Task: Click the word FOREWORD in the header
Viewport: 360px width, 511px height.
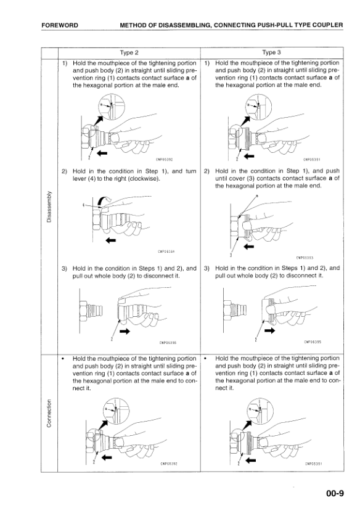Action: click(x=60, y=25)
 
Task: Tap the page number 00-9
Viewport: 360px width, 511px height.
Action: click(x=335, y=493)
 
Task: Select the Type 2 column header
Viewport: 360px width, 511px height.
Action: click(x=129, y=52)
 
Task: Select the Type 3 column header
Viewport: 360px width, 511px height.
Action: click(x=271, y=52)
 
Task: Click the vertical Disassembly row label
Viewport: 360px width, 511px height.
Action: click(x=49, y=206)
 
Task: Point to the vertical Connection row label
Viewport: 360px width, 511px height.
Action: click(x=49, y=413)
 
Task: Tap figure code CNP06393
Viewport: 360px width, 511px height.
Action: click(x=305, y=258)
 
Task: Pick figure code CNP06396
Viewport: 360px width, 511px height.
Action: click(x=168, y=343)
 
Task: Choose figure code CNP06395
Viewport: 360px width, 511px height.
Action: click(x=313, y=342)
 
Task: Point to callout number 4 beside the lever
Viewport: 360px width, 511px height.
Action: click(x=84, y=205)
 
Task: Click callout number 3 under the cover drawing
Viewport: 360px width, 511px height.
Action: click(x=231, y=255)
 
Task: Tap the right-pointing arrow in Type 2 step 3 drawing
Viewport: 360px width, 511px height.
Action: click(x=125, y=332)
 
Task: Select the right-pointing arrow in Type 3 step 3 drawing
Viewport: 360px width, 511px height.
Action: click(x=269, y=331)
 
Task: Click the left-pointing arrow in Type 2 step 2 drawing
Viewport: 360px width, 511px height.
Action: click(x=111, y=240)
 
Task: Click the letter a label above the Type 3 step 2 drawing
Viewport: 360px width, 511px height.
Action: click(x=257, y=196)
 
